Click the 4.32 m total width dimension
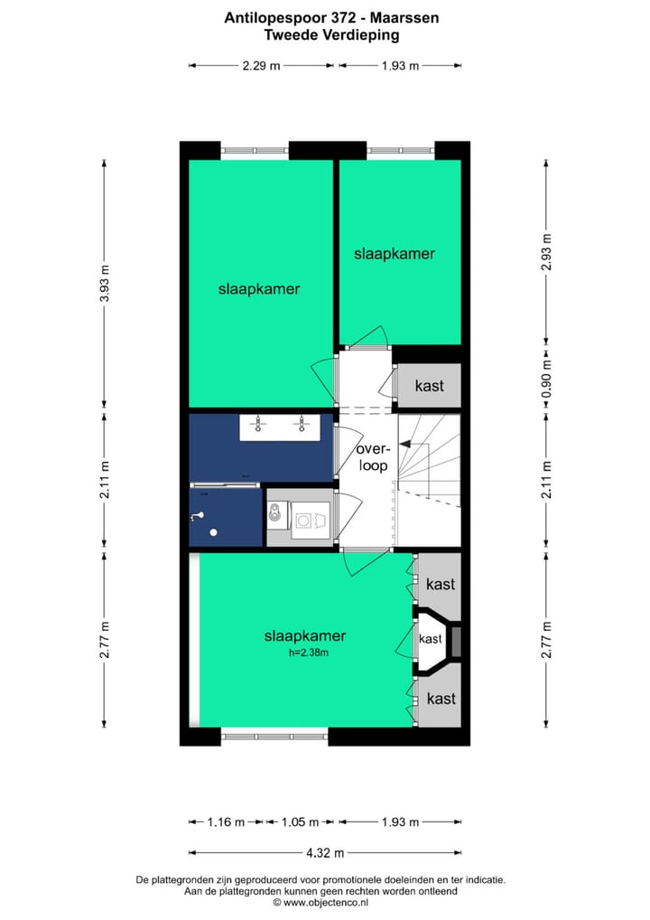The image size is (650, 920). click(x=325, y=852)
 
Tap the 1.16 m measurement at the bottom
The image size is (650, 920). click(x=226, y=822)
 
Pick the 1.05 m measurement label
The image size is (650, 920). click(x=300, y=822)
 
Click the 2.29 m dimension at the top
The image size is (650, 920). click(x=261, y=65)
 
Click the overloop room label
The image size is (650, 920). click(x=371, y=457)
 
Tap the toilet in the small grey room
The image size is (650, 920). click(x=277, y=516)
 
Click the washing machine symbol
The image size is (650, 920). click(x=310, y=521)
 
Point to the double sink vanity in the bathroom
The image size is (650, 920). click(x=280, y=427)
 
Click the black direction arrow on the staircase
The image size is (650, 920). click(x=405, y=445)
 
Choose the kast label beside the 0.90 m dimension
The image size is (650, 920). click(x=429, y=386)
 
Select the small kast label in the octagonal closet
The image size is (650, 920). click(x=431, y=639)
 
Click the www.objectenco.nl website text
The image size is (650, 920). click(x=326, y=902)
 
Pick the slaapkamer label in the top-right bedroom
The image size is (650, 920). click(x=394, y=254)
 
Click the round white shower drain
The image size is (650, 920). click(x=214, y=531)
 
